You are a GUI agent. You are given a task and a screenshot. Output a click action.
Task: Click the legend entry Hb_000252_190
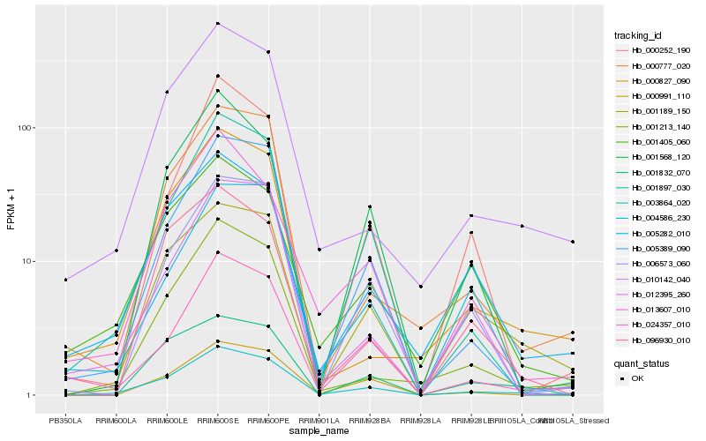654,50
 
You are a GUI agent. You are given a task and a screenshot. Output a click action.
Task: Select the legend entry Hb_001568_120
654,156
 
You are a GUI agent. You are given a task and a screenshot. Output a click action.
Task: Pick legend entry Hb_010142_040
654,278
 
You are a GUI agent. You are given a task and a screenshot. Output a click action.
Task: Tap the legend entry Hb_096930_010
654,340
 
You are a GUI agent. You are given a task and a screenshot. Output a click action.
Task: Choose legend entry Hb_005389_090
654,248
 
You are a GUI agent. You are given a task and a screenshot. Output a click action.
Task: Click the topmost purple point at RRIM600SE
217,23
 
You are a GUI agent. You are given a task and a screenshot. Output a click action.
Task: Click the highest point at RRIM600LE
167,92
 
